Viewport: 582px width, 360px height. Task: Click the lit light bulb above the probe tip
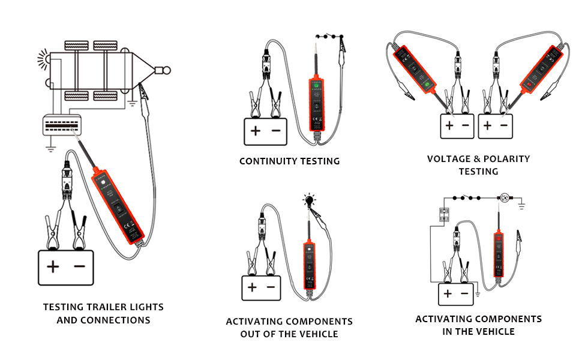(310, 199)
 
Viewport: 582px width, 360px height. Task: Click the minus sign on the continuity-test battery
(276, 131)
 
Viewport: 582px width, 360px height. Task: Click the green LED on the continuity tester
(314, 85)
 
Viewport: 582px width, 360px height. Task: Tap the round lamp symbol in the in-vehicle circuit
(504, 197)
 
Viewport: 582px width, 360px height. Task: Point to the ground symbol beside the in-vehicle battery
(478, 293)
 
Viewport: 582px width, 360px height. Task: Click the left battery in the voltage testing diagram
(457, 126)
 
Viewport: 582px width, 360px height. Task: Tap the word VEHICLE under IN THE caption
(496, 331)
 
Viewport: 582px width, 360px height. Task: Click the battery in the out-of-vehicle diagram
(262, 287)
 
